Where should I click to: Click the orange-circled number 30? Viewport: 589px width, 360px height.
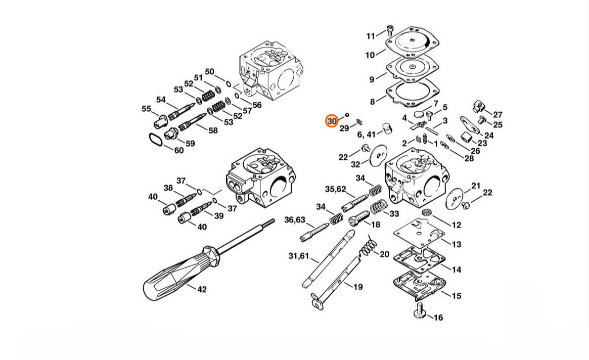[x=332, y=121]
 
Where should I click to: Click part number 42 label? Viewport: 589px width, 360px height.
[x=202, y=289]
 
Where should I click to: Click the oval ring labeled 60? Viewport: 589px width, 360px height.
[x=156, y=140]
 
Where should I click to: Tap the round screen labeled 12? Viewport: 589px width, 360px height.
[x=426, y=213]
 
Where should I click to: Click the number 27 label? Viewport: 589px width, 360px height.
[x=497, y=115]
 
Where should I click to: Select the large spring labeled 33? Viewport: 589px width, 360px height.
[x=379, y=207]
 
